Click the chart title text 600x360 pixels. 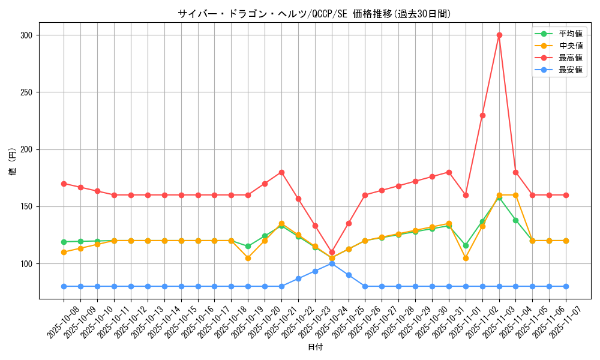tap(314, 13)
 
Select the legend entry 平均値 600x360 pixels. tap(570, 34)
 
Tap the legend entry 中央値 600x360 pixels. tap(570, 46)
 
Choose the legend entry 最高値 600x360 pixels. tap(570, 58)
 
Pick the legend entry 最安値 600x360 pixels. tap(570, 70)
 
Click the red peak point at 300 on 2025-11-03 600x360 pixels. tap(499, 35)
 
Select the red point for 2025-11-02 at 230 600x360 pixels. tap(482, 115)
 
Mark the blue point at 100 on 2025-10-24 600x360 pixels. tap(332, 263)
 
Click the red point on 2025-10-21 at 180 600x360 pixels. tap(281, 172)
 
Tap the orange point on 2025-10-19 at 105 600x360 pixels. tap(248, 258)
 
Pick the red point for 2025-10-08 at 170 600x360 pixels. tap(64, 184)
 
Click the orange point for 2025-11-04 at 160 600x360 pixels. tap(515, 195)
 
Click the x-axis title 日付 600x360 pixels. tap(314, 347)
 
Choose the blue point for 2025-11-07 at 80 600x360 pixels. tap(566, 286)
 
